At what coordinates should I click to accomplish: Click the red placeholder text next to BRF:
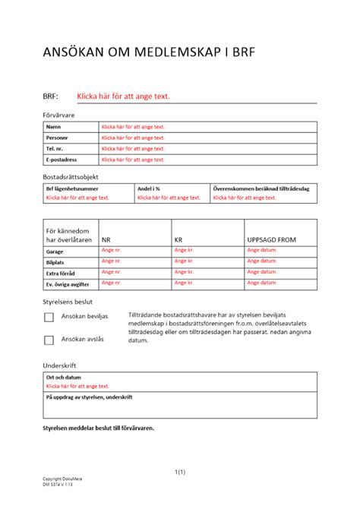tap(123, 96)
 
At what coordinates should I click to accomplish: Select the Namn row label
tap(53, 127)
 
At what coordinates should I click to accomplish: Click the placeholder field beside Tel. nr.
tap(133, 149)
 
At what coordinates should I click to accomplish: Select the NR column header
tap(106, 239)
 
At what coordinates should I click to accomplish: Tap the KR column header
tap(179, 239)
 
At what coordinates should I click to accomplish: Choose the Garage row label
tap(55, 251)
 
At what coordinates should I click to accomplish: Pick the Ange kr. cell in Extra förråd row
tap(184, 272)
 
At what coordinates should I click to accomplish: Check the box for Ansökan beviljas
tap(49, 316)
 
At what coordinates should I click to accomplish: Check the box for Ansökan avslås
tap(49, 340)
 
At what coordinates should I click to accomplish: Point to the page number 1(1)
tap(180, 473)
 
